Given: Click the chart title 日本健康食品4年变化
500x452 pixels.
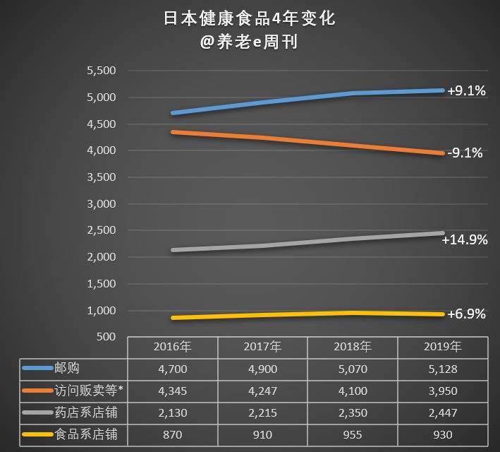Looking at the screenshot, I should coord(250,18).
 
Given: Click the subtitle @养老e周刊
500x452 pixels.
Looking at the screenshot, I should coord(250,42).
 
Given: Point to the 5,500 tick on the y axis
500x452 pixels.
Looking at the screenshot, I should coord(101,71).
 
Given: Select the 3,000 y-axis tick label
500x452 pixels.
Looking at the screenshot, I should coord(101,204).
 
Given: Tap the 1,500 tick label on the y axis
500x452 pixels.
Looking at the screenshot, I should coord(101,284).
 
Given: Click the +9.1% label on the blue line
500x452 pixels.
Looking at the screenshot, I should coord(466,91).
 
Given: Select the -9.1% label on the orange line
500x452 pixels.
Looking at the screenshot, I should coord(465,153).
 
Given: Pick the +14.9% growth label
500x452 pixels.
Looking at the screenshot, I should coord(465,240).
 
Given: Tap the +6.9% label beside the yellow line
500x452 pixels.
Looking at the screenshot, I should coord(466,314).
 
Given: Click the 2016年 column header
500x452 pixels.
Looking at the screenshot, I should coord(172,347).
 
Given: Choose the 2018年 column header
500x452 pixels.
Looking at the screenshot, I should coord(353,347).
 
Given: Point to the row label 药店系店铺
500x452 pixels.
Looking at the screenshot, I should coord(83,413).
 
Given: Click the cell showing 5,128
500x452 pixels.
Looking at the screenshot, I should coord(442,369).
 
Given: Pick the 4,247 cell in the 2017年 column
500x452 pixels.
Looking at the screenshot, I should coord(262,391).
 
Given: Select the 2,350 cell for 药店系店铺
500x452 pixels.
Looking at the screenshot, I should coord(353,413).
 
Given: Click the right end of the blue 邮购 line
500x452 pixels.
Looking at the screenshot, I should coord(442,90).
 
